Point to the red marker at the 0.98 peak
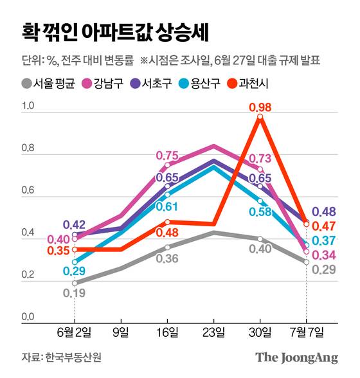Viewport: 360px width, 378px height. [260, 117]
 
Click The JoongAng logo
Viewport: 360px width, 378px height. [296, 357]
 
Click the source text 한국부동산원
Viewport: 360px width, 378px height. [62, 357]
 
